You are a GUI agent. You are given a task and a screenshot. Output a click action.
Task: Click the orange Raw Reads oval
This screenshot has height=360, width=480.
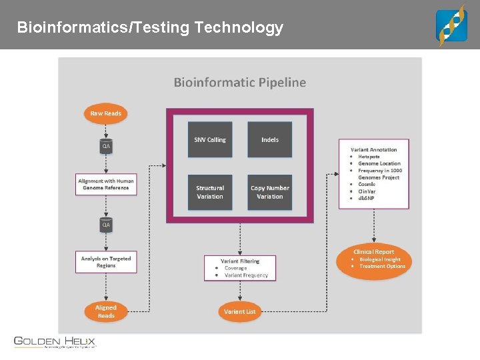pos(105,113)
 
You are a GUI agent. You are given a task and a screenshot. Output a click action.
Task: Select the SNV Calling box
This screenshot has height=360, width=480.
pos(210,139)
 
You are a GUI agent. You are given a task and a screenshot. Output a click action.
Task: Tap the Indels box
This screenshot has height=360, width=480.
pos(270,139)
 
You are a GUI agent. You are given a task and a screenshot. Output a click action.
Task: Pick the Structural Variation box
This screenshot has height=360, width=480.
pos(210,192)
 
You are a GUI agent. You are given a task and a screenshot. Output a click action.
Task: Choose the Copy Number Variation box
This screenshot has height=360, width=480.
pos(270,192)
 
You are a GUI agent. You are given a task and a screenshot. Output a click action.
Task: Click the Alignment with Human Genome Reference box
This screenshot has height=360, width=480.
pos(106,185)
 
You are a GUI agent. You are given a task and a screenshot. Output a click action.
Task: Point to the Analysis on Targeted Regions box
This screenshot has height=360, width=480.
pos(106,262)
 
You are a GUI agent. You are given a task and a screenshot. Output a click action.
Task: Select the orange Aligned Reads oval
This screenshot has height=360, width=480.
pos(105,311)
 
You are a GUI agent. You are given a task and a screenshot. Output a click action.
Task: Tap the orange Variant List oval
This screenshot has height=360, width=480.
pos(239,311)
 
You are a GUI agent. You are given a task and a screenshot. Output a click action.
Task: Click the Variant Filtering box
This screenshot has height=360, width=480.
pos(240,268)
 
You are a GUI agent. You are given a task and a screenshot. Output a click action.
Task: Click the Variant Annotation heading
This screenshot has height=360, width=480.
pos(374,150)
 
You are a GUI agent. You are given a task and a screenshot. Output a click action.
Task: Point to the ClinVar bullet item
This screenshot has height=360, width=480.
pos(367,191)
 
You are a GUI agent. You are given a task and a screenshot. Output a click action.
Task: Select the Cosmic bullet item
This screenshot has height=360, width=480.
pos(367,184)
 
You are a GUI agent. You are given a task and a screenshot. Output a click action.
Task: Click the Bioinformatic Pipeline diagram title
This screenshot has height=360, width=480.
pos(240,83)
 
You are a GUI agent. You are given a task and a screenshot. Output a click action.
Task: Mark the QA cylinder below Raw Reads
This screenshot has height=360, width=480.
pos(106,145)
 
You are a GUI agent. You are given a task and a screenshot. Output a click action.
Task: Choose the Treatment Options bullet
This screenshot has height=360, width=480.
pos(382,266)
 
